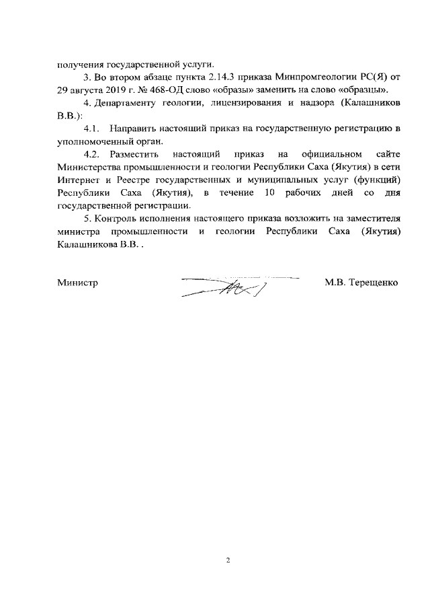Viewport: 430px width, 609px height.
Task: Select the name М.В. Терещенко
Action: coord(361,283)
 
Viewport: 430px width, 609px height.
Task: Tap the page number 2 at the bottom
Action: coord(228,560)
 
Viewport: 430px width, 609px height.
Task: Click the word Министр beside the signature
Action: coord(78,283)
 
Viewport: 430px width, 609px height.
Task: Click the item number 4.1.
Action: coord(92,128)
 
